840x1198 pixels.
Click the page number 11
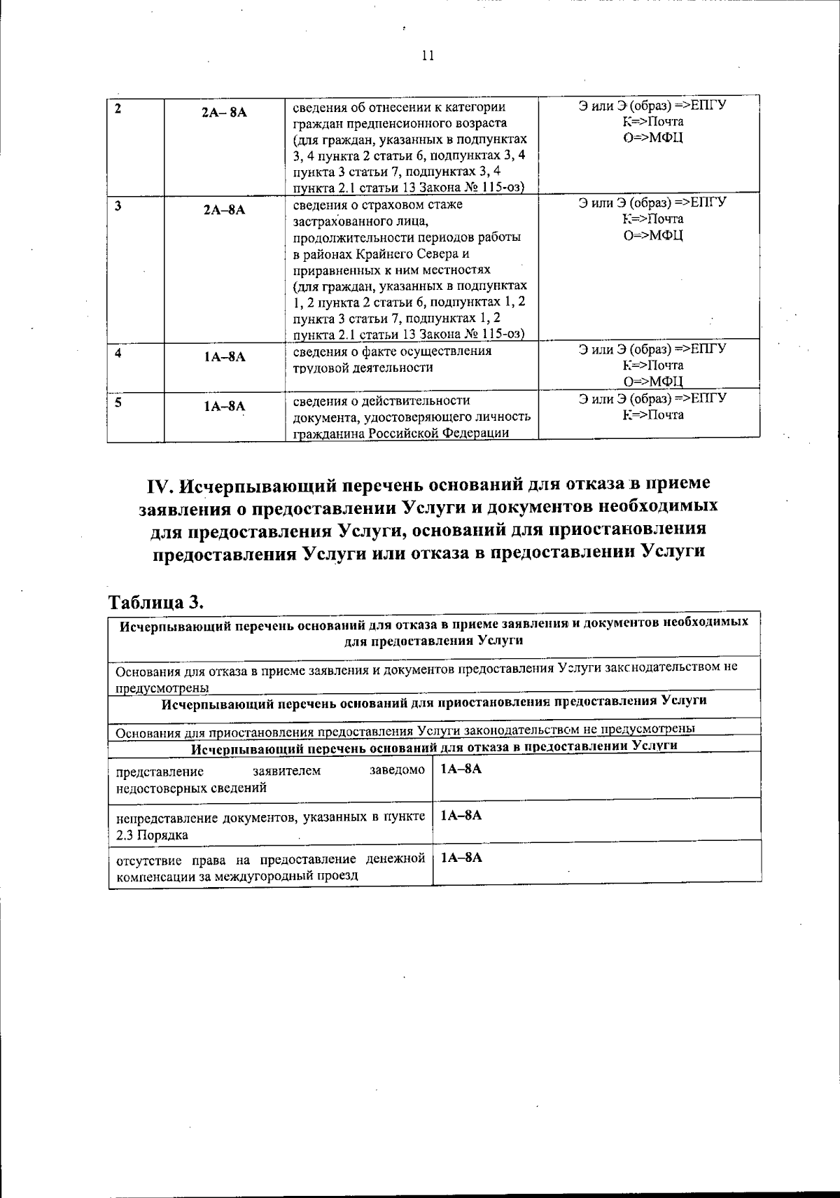coord(428,56)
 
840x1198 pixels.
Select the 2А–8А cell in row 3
coord(224,209)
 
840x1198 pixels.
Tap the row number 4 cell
coord(118,353)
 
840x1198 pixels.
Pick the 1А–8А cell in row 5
coord(224,406)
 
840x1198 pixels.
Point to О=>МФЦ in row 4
coord(652,381)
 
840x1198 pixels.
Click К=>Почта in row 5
coord(652,415)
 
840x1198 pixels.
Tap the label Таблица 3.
coord(155,601)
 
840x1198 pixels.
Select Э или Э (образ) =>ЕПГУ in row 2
coord(652,106)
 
